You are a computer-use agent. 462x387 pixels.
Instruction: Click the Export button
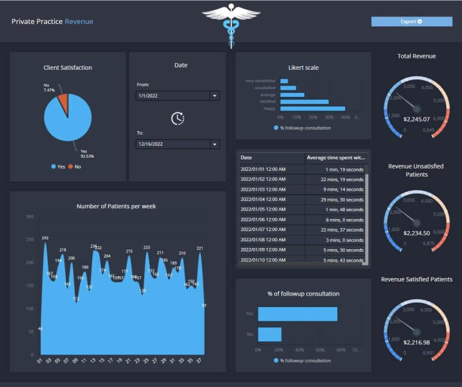411,22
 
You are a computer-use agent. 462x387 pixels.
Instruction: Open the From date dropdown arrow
214,96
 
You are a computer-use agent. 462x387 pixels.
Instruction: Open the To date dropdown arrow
214,144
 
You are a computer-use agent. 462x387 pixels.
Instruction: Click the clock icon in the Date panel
177,119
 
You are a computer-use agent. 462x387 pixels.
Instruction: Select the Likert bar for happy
312,109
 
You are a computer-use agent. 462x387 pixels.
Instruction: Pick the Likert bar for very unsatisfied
284,81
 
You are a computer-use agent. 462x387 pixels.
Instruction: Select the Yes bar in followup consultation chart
297,314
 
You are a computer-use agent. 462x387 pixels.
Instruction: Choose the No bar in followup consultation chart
269,334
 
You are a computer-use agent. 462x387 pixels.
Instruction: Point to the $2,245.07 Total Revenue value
416,119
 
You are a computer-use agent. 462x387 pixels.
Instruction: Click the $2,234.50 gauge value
416,233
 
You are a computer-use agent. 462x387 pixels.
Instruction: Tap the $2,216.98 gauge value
416,342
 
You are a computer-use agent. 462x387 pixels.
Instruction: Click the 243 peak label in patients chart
45,238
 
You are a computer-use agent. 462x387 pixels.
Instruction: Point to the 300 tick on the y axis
30,216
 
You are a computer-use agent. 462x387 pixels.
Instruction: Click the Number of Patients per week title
116,206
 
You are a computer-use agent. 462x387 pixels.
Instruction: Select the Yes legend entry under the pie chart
58,166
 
